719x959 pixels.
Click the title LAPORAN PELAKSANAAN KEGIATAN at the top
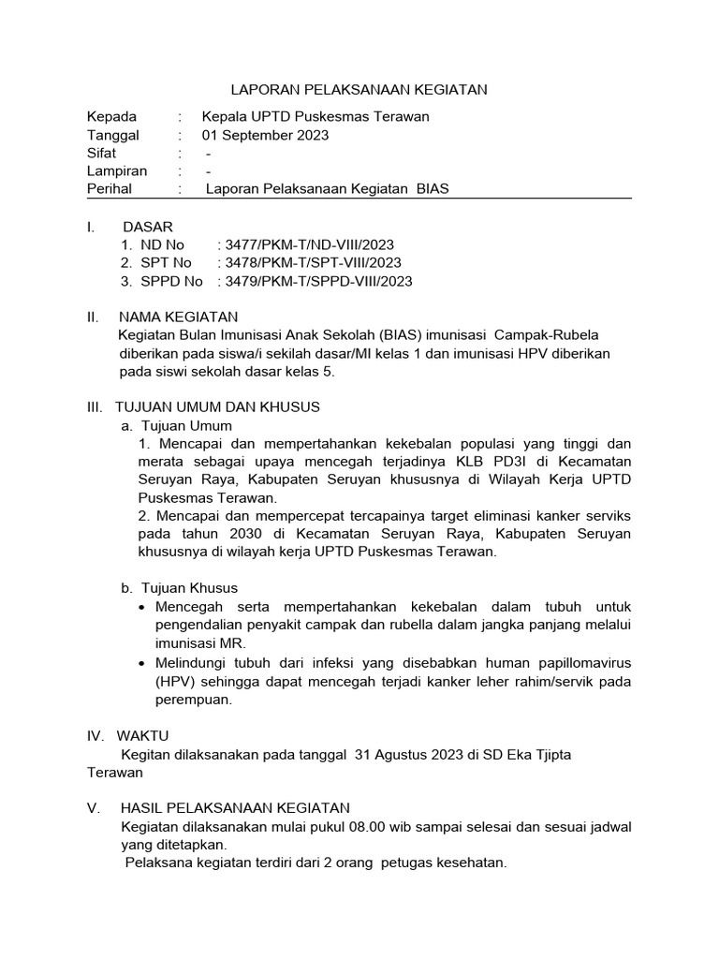(x=359, y=90)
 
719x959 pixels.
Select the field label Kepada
(x=111, y=117)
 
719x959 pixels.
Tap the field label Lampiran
(x=117, y=170)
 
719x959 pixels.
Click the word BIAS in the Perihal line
(x=433, y=188)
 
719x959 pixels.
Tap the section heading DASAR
(x=148, y=227)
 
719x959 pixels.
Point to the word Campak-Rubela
(x=552, y=335)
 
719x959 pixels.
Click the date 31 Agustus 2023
(x=404, y=754)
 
